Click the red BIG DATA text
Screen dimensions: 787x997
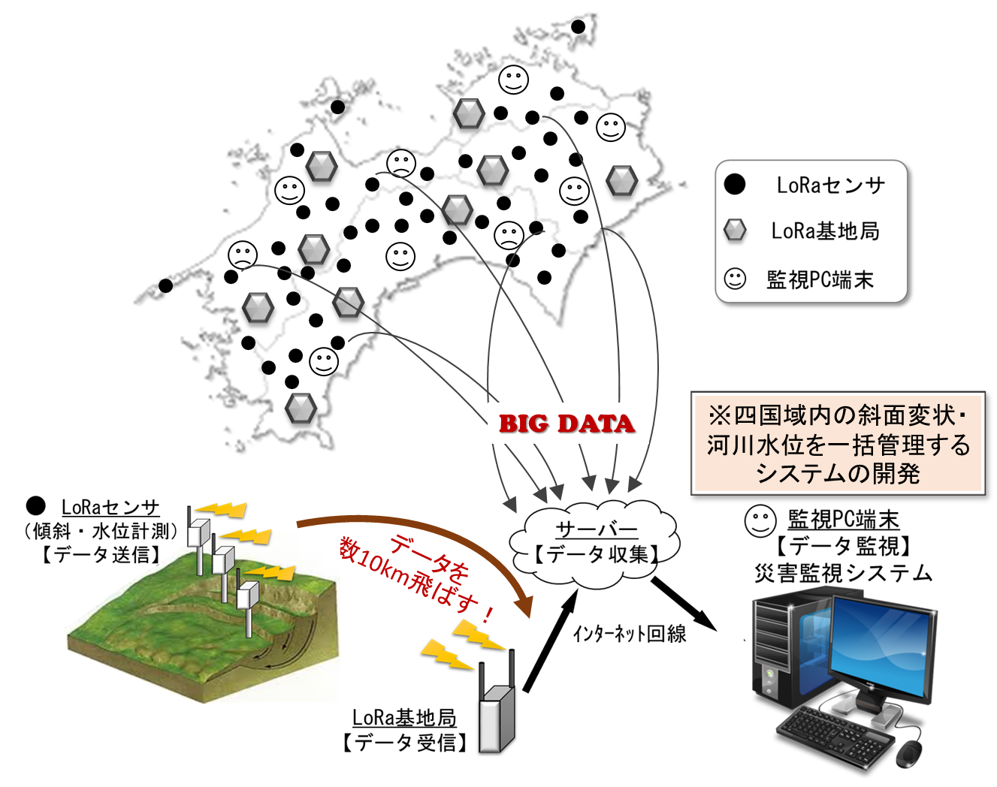566,424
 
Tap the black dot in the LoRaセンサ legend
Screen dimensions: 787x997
735,184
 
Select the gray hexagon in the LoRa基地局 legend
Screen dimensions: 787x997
735,231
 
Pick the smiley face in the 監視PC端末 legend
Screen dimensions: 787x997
735,279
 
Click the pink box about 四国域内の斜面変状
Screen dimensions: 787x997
838,444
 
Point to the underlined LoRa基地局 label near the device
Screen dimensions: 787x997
404,718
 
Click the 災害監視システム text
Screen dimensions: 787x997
843,574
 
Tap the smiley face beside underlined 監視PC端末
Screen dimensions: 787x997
760,520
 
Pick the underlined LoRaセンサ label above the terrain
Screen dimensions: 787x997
110,508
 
